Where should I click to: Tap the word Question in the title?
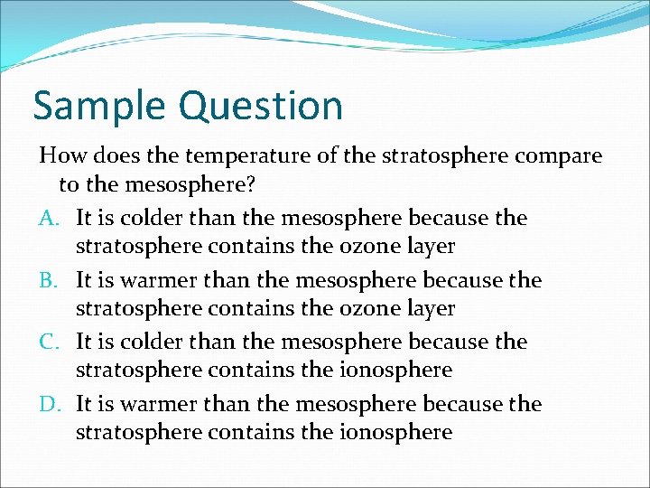tap(261, 106)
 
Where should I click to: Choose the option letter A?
tap(49, 218)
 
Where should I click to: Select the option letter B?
tap(49, 280)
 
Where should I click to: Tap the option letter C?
tap(49, 342)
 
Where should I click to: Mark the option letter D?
tap(49, 404)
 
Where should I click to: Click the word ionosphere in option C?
tap(393, 371)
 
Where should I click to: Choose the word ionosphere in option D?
tap(393, 433)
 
